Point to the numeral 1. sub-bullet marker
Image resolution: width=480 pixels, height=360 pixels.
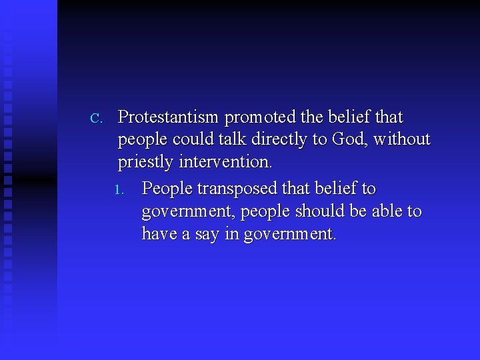coord(119,190)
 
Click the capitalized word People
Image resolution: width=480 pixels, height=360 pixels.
coord(167,189)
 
